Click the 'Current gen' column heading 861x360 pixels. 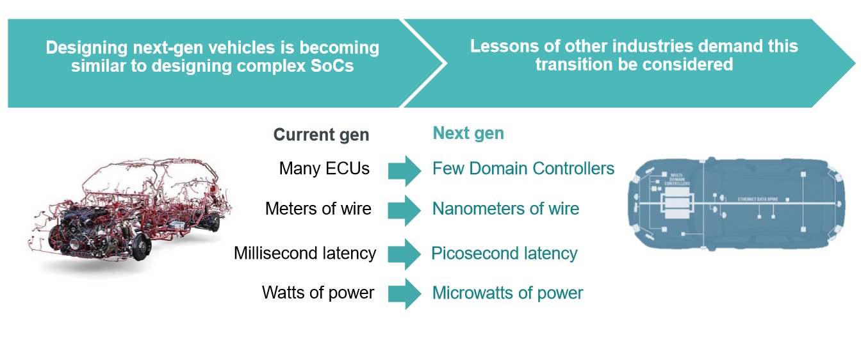pyautogui.click(x=321, y=135)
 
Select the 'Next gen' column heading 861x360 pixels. pyautogui.click(x=468, y=133)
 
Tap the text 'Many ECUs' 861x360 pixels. pyautogui.click(x=324, y=168)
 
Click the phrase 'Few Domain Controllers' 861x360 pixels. pyautogui.click(x=523, y=168)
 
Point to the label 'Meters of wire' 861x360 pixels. pyautogui.click(x=318, y=209)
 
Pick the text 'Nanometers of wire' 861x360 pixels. pyautogui.click(x=505, y=209)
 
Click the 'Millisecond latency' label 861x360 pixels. pyautogui.click(x=304, y=253)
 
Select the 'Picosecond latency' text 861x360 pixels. pyautogui.click(x=504, y=254)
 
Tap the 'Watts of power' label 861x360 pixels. pyautogui.click(x=318, y=293)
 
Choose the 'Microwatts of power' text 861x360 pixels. pyautogui.click(x=507, y=293)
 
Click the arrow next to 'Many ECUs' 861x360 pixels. pyautogui.click(x=404, y=170)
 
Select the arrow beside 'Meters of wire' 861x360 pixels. pyautogui.click(x=404, y=210)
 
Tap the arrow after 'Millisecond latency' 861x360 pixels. pyautogui.click(x=404, y=254)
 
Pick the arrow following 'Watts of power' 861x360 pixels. pyautogui.click(x=404, y=294)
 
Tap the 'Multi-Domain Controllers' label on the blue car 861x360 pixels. pyautogui.click(x=678, y=179)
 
